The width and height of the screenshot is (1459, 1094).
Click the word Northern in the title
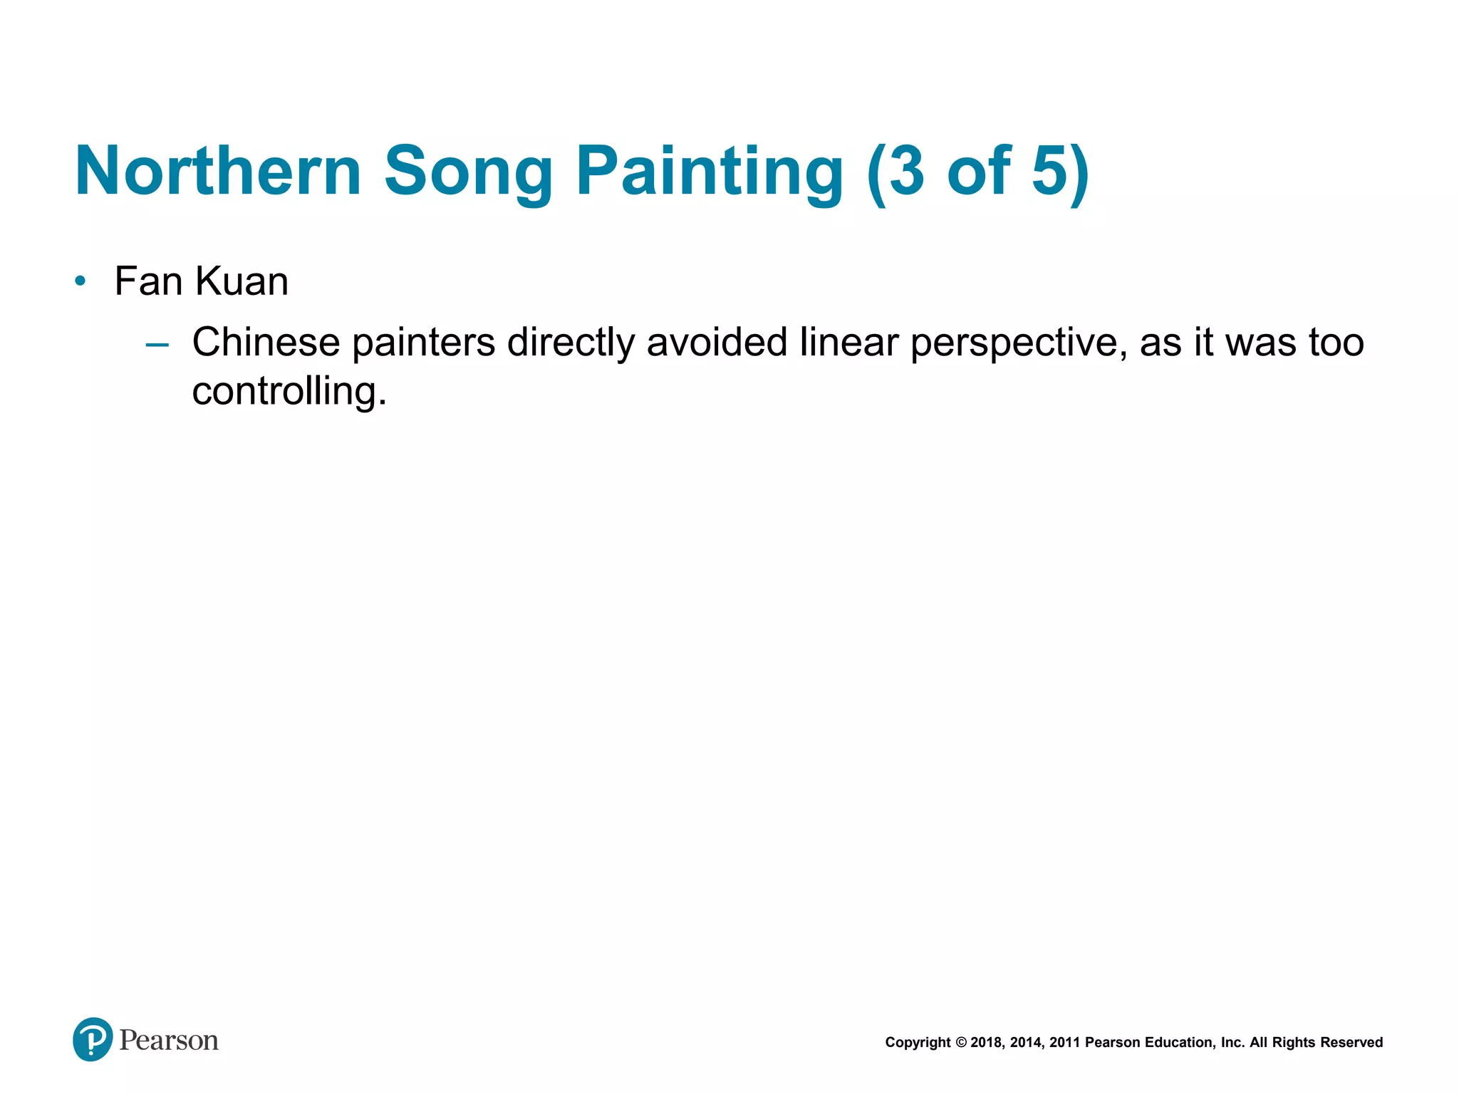pyautogui.click(x=218, y=171)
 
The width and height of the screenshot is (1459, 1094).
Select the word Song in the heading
pyautogui.click(x=468, y=171)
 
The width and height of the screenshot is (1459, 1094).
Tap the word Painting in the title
pyautogui.click(x=710, y=171)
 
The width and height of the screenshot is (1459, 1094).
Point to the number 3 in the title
pyautogui.click(x=905, y=171)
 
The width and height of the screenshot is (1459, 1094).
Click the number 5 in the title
pyautogui.click(x=1049, y=171)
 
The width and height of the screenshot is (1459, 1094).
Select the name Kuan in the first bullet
pyautogui.click(x=242, y=281)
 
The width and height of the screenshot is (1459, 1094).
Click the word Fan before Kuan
pyautogui.click(x=148, y=281)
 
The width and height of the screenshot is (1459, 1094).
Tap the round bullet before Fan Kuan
pyautogui.click(x=81, y=281)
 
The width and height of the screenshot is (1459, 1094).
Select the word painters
pyautogui.click(x=423, y=342)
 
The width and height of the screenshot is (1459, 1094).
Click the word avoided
pyautogui.click(x=717, y=342)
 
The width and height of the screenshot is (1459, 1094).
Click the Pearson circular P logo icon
pyautogui.click(x=93, y=1040)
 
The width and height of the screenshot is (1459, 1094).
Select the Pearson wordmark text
pyautogui.click(x=169, y=1041)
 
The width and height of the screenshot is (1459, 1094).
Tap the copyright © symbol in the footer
pyautogui.click(x=961, y=1043)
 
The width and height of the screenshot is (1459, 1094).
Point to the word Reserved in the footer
pyautogui.click(x=1351, y=1043)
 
